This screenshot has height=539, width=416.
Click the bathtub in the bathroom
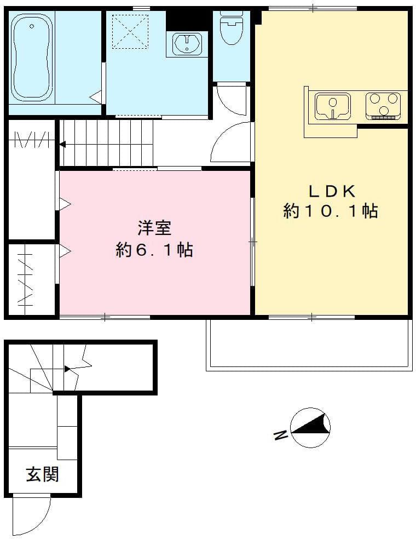(32, 58)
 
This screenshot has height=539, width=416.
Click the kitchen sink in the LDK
(332, 106)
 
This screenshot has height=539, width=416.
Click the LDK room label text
(332, 192)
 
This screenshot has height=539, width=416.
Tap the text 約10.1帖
(331, 211)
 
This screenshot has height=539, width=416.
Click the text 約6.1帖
(154, 250)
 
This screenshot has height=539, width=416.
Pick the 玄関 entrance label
(43, 474)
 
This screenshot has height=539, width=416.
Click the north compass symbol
(310, 428)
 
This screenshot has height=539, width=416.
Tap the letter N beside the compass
(281, 435)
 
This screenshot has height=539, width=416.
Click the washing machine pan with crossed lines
(130, 31)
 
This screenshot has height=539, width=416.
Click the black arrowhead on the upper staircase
(62, 145)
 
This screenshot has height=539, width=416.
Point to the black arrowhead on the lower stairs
(68, 369)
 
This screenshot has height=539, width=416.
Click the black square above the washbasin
(187, 20)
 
